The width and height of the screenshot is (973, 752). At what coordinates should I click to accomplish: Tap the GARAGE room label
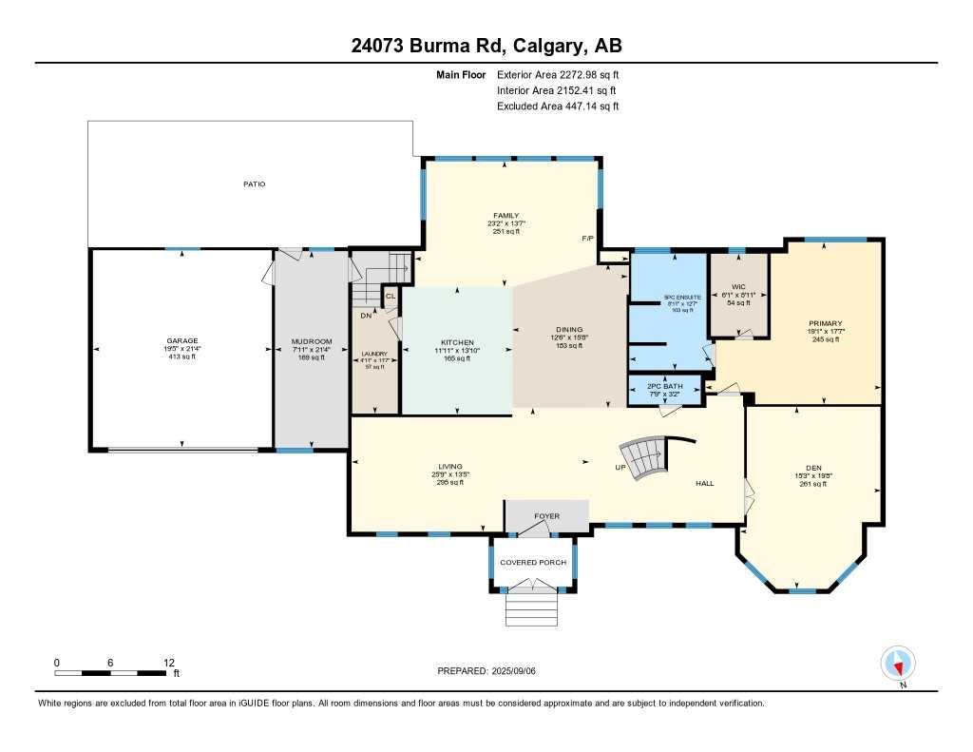(181, 340)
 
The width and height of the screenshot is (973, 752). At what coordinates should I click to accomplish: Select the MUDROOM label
(312, 341)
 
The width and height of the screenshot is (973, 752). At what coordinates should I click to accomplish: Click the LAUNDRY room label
(374, 354)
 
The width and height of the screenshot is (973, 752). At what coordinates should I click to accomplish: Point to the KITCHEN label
(456, 342)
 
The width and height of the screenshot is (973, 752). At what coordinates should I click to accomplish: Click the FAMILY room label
(506, 216)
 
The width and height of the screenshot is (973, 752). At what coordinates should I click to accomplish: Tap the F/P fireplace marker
(587, 238)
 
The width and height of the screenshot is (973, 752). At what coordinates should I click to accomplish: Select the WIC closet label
(738, 286)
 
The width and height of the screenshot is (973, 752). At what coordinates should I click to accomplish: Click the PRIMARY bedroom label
(826, 323)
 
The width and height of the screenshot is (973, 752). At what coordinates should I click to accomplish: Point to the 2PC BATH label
(666, 387)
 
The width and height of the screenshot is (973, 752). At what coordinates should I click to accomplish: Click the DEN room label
(813, 468)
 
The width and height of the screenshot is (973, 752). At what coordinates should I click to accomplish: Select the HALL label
(704, 484)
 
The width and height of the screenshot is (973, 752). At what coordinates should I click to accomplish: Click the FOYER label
(546, 516)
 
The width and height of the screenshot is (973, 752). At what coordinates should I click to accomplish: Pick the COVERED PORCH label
(533, 562)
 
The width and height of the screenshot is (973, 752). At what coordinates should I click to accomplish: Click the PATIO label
(252, 183)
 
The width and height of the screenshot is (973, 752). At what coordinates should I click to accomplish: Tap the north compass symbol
(898, 662)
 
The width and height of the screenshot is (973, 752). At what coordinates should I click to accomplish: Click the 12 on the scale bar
(168, 662)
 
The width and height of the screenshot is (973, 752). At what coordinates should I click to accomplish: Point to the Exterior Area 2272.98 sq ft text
(558, 74)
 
